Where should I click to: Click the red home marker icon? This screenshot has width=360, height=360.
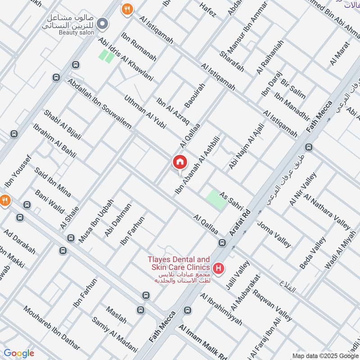click(179, 162)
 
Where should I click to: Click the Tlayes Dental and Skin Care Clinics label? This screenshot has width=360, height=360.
click(179, 264)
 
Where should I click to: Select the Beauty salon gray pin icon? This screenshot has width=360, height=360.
click(103, 23)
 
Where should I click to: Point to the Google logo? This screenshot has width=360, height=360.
click(19, 353)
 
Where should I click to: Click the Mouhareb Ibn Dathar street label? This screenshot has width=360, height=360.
click(52, 328)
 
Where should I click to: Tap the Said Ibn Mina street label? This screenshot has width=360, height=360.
click(53, 183)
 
